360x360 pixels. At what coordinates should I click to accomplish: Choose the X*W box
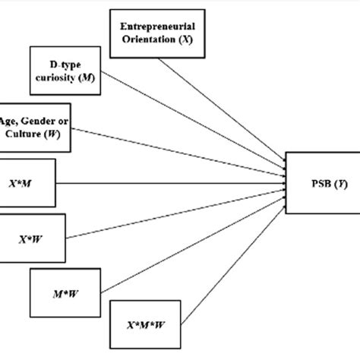[31, 237]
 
